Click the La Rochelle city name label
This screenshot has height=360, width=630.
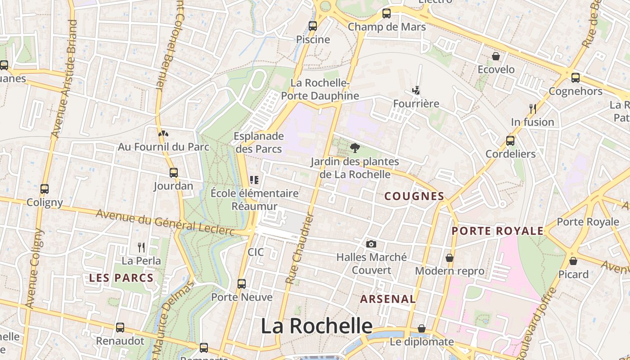(317, 326)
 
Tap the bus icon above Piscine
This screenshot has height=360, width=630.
(313, 26)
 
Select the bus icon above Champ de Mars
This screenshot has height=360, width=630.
(387, 13)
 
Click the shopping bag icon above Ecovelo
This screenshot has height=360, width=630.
(495, 56)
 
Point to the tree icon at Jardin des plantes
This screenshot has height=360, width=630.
(355, 148)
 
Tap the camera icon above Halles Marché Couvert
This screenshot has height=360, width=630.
(371, 244)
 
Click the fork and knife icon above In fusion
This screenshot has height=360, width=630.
(533, 108)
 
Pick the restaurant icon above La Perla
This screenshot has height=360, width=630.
(141, 247)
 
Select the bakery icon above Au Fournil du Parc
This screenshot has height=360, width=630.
(163, 134)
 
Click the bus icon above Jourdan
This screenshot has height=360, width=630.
(174, 172)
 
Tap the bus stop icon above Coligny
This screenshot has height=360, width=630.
(44, 189)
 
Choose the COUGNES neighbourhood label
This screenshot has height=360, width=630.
(414, 196)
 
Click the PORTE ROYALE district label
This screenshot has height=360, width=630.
(498, 231)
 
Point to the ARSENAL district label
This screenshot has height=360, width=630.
(388, 299)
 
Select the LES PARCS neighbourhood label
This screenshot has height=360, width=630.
(121, 278)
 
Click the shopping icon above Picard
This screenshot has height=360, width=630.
(573, 261)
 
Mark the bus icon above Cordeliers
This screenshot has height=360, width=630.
(510, 140)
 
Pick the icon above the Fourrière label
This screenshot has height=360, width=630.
(416, 90)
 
